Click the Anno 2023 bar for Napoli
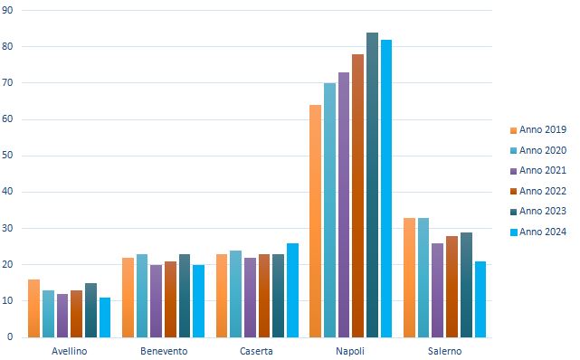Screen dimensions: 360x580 [x=372, y=185]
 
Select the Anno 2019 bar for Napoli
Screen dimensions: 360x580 [x=315, y=221]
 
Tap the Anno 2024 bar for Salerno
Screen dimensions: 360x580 [x=480, y=298]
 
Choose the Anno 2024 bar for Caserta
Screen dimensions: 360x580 [x=292, y=289]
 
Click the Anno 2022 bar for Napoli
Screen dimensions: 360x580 [x=357, y=195]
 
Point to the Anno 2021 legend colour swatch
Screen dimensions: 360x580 [x=515, y=171]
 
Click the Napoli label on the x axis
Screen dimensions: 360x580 [x=350, y=350]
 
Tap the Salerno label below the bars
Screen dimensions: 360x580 [x=444, y=350]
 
